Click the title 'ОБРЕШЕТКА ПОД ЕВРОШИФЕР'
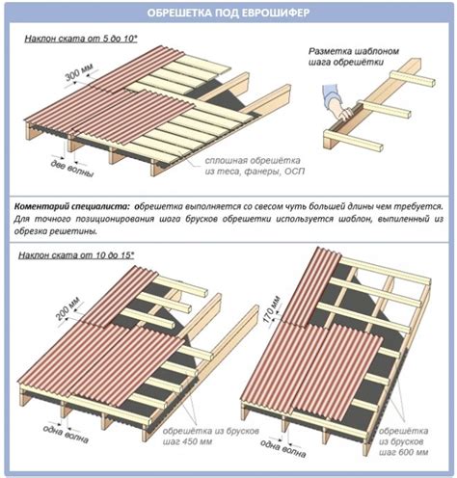click(228, 13)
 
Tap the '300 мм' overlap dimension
click(79, 72)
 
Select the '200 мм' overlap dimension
click(68, 309)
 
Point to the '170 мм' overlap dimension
click(272, 309)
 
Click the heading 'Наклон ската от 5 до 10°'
click(81, 39)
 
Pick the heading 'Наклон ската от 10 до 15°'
click(76, 255)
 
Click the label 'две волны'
click(72, 169)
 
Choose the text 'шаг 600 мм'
click(404, 452)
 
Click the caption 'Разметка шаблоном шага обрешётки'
click(354, 57)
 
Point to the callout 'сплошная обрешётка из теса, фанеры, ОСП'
click(255, 166)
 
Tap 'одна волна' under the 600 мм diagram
click(282, 448)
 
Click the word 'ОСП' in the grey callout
click(294, 172)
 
